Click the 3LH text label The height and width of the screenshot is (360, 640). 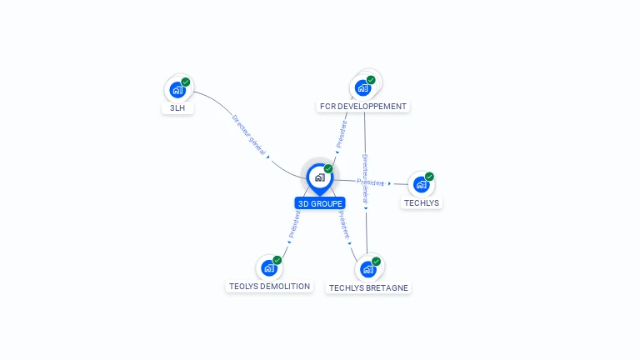click(177, 108)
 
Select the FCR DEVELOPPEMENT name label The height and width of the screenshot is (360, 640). click(363, 107)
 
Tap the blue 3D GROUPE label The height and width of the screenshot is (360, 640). click(320, 203)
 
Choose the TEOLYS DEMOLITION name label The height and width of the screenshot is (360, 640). click(269, 287)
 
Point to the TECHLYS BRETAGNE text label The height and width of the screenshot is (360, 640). click(369, 287)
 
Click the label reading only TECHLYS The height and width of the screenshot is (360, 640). click(422, 202)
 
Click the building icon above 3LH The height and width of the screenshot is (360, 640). click(177, 90)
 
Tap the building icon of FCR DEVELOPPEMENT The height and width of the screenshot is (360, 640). click(363, 87)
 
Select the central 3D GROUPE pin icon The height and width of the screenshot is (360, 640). click(319, 177)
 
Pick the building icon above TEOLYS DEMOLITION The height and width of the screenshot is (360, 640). click(269, 267)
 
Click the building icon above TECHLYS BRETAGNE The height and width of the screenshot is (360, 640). click(367, 269)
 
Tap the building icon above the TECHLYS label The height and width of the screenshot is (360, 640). click(421, 184)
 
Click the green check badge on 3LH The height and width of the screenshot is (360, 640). click(186, 82)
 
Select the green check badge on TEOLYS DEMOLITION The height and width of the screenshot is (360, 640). click(277, 260)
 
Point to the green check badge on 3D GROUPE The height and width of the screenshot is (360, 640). click(328, 168)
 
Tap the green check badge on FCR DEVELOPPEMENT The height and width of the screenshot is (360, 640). click(371, 80)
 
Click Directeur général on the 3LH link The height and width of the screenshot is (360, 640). click(248, 134)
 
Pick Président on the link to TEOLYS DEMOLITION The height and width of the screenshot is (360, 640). click(295, 223)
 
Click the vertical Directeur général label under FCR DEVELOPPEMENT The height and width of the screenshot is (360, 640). click(365, 177)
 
